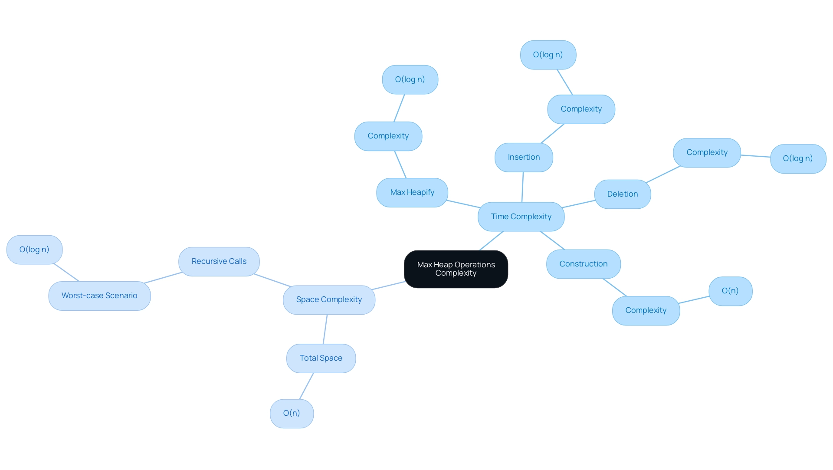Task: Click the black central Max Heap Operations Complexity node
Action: (x=456, y=269)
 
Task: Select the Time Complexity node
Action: (x=521, y=217)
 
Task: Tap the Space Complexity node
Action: (x=329, y=300)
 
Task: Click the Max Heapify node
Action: (x=412, y=193)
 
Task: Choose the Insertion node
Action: (x=524, y=158)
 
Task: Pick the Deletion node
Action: (x=622, y=194)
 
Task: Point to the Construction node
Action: (x=583, y=264)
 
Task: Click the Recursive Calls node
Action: (x=219, y=262)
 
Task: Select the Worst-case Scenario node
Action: (x=99, y=296)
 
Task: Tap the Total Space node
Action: (x=321, y=358)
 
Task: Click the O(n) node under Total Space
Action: (x=292, y=414)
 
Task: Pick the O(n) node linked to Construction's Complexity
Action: (x=730, y=291)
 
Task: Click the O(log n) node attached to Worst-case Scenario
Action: (x=34, y=250)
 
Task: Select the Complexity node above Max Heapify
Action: (x=388, y=136)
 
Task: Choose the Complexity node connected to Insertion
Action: (x=581, y=109)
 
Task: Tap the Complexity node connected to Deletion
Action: (x=707, y=153)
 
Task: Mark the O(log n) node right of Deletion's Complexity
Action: (x=798, y=159)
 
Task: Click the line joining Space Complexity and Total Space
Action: (x=325, y=329)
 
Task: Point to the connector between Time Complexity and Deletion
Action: (x=579, y=204)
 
